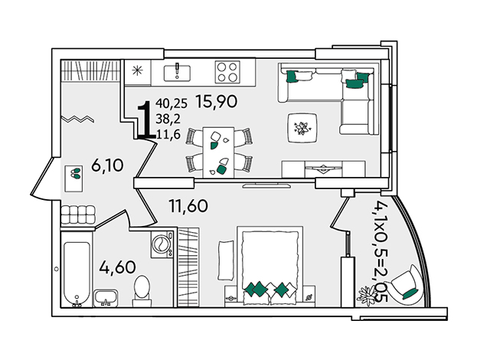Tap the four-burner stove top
pos(227,71)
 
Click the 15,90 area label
pos(217,101)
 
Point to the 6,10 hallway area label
pos(107,165)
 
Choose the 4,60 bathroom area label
pos(117,267)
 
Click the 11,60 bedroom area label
pos(188,206)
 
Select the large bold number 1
pos(146,119)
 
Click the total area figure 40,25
pos(171,103)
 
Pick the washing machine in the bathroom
pos(162,244)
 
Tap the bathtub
pos(77,269)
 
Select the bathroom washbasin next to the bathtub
pos(106,298)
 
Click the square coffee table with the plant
pos(302,128)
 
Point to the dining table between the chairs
pos(218,152)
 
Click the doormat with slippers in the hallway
pos(73,178)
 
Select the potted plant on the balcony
pos(368,295)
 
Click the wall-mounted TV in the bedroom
pos(267,186)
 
